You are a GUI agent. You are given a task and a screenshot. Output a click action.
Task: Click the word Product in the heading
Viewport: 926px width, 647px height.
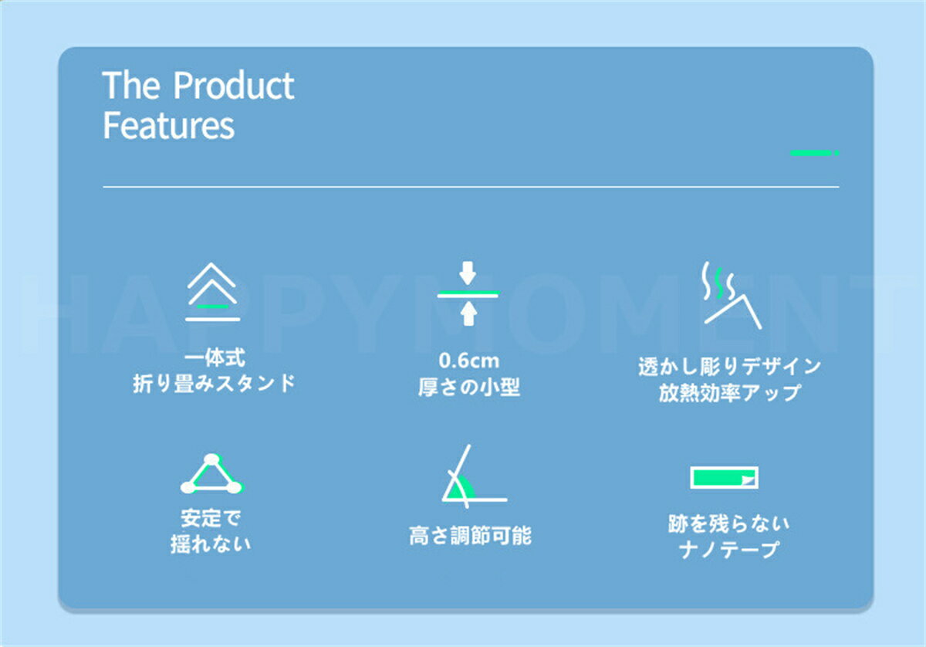(x=234, y=85)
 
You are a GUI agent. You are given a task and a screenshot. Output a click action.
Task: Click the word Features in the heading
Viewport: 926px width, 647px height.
(x=169, y=125)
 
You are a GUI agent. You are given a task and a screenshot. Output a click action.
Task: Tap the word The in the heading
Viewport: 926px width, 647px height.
(x=130, y=85)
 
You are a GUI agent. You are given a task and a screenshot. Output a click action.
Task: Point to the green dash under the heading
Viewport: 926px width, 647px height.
(x=814, y=153)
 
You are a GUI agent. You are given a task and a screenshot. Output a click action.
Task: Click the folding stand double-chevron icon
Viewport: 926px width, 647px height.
(x=212, y=292)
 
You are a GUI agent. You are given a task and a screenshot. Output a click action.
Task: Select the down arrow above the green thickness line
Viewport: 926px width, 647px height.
(x=468, y=273)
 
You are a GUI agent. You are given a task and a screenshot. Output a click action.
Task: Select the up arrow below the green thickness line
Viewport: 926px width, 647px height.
(x=468, y=313)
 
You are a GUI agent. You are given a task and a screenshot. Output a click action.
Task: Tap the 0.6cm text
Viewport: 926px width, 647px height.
(x=469, y=361)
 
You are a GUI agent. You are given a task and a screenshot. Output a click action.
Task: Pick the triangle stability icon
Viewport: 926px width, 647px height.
(x=211, y=473)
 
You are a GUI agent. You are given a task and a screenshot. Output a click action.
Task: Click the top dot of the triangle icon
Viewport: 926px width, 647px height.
(x=211, y=459)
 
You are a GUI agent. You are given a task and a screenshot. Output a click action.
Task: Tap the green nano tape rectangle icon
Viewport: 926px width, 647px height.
(x=724, y=478)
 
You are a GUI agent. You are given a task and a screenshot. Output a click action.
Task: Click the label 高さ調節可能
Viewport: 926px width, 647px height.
(x=470, y=536)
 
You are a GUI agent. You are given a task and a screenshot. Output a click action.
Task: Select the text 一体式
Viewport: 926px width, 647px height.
(x=215, y=358)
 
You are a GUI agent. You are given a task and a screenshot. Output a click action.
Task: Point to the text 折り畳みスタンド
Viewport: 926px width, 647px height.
(x=215, y=384)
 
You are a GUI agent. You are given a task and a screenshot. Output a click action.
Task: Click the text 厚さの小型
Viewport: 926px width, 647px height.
(x=469, y=388)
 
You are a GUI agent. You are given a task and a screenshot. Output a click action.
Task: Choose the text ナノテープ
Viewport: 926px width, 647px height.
(x=728, y=550)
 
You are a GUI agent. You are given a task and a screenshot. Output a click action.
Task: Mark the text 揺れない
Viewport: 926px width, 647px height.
(x=211, y=544)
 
